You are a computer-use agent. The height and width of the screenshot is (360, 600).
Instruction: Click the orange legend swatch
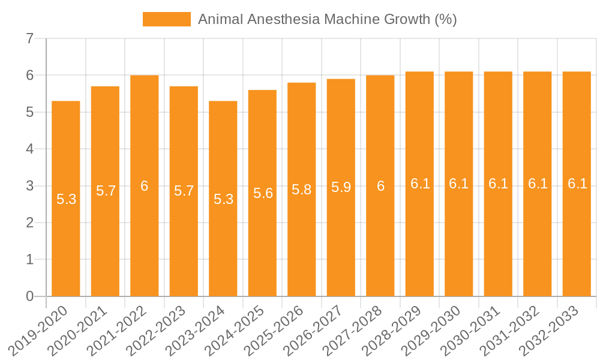(x=166, y=19)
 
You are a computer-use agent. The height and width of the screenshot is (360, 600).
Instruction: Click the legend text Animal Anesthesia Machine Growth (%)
(x=327, y=19)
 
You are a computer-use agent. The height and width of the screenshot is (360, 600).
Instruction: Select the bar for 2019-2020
(x=66, y=199)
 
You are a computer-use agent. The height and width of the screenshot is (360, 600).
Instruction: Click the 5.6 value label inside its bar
(x=263, y=193)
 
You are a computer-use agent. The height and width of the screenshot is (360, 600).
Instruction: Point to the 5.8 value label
(x=302, y=190)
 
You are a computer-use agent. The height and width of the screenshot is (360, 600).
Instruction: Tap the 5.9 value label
(x=341, y=187)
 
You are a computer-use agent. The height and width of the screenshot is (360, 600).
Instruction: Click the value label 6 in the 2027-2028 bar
(x=380, y=186)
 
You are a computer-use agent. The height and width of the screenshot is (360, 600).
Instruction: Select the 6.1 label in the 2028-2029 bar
(x=420, y=184)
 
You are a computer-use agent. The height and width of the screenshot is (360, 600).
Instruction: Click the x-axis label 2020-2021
(x=78, y=330)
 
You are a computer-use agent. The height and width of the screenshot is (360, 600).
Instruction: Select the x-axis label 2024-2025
(x=235, y=330)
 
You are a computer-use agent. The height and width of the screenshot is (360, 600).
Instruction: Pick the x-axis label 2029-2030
(x=432, y=330)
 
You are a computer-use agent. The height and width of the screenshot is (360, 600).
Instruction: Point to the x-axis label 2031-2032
(x=511, y=330)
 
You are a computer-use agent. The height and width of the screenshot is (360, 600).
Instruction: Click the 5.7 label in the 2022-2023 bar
(x=184, y=191)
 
